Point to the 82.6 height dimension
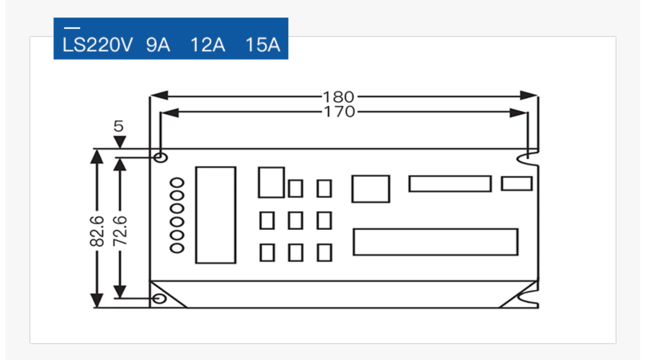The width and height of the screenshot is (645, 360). point(97,230)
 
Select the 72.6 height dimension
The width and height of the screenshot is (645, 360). point(120,230)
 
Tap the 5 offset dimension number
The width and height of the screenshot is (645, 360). point(118,126)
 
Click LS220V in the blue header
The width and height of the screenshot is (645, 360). point(97,46)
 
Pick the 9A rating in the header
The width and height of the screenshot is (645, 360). point(158,46)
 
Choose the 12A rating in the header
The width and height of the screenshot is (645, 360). point(208,46)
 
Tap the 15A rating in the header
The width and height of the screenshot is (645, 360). point(263,46)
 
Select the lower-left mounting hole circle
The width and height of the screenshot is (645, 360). point(159,298)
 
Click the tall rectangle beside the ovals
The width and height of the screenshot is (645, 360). point(215,215)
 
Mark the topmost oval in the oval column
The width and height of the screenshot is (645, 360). point(178,183)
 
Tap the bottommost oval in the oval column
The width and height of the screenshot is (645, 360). point(178,248)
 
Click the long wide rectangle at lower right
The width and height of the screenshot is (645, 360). point(436,242)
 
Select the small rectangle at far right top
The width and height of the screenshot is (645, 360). point(516,184)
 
